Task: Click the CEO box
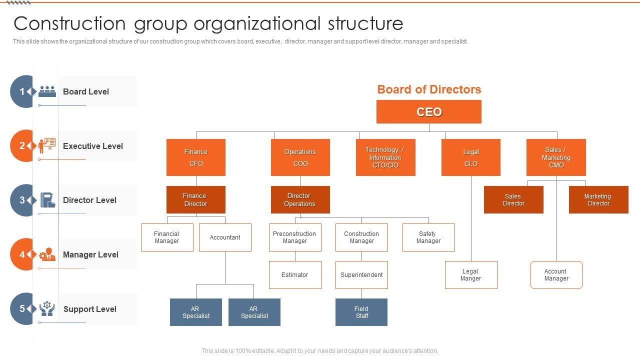click(428, 111)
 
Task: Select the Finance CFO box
click(196, 157)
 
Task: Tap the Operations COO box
click(300, 157)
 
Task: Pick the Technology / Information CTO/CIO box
click(385, 157)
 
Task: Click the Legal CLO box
click(470, 157)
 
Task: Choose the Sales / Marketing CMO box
click(556, 157)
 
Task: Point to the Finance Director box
click(196, 199)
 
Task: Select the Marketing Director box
click(598, 199)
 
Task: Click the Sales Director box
click(513, 199)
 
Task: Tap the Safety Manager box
click(428, 237)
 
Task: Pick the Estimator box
click(295, 275)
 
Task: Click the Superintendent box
click(361, 275)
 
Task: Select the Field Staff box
click(361, 312)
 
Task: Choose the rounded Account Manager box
click(556, 275)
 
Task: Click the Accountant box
click(225, 237)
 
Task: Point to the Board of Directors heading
click(429, 89)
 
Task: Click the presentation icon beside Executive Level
click(47, 145)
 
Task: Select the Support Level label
click(90, 309)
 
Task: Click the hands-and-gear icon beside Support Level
click(47, 308)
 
